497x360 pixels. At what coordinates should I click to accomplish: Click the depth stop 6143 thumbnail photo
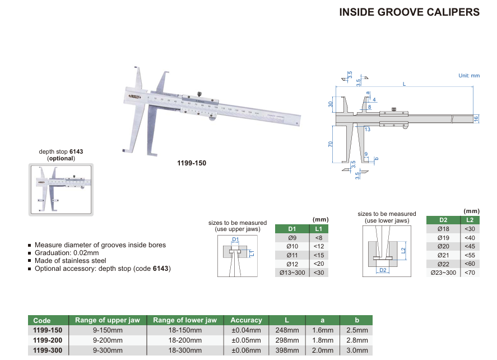(61, 190)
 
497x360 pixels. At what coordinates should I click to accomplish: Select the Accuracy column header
(246, 320)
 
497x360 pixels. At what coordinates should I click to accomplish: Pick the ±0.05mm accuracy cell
(246, 340)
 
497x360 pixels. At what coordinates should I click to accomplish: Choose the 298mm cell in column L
(287, 340)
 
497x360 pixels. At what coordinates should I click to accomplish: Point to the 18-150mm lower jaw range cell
(184, 330)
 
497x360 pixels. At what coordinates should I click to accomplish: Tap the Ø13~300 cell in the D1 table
(291, 273)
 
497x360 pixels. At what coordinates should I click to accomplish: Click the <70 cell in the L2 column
(469, 273)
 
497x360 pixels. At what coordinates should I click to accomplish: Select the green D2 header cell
(443, 220)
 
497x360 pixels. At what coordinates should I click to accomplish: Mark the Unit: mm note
(469, 76)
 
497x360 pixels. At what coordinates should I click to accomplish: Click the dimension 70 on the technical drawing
(331, 144)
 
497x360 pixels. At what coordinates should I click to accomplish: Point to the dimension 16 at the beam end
(476, 118)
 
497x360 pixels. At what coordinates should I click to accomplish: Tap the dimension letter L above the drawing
(403, 84)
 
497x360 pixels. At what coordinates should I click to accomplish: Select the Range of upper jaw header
(107, 320)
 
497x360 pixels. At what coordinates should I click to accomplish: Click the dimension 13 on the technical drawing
(367, 130)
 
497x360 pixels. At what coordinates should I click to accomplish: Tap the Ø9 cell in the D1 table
(291, 238)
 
